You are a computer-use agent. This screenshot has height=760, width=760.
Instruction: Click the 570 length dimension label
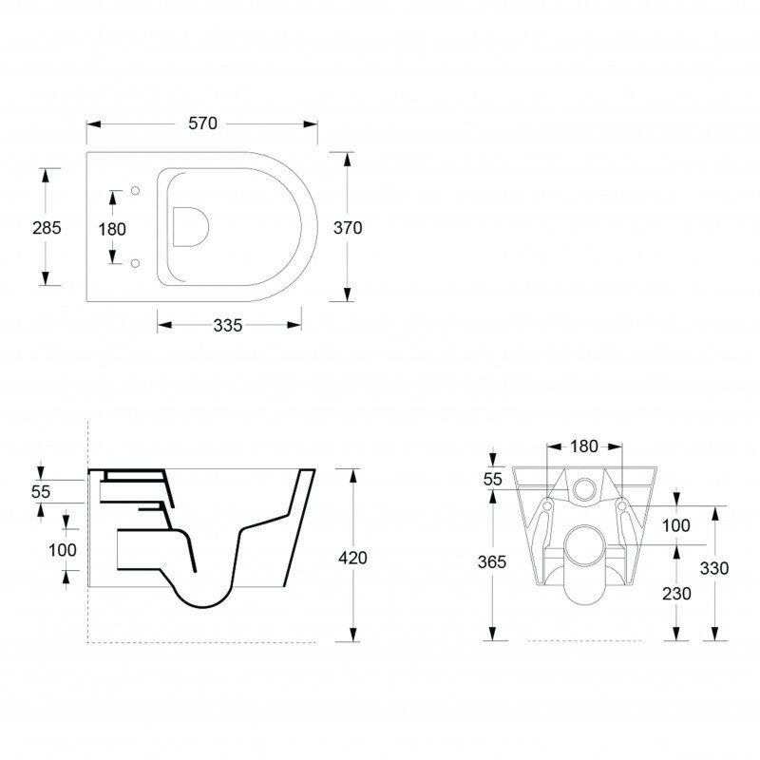tap(202, 123)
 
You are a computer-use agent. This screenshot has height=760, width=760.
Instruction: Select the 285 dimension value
tap(47, 227)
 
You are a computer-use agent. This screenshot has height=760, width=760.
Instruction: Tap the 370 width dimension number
tap(348, 227)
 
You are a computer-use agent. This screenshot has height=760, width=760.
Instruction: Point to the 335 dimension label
tap(227, 325)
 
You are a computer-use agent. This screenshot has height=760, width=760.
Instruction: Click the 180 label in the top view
tap(112, 229)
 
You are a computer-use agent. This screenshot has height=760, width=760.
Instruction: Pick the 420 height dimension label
tap(352, 558)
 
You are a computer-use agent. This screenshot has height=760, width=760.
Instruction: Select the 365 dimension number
tap(491, 561)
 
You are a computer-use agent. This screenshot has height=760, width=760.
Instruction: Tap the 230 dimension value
tap(676, 593)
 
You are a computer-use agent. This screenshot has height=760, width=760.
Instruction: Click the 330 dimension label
tap(714, 568)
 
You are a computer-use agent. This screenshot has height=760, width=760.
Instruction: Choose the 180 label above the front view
tap(583, 446)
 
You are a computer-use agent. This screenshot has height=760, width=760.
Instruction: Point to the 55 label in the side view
tap(41, 491)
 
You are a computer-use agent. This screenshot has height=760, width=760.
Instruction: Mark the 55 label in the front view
tap(492, 479)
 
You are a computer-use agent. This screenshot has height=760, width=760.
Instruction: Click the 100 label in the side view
tap(62, 550)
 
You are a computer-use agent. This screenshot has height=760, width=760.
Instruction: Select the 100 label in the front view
tap(676, 525)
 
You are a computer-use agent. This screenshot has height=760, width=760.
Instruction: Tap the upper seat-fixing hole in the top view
tap(135, 191)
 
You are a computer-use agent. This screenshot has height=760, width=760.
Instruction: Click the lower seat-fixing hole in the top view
tap(135, 263)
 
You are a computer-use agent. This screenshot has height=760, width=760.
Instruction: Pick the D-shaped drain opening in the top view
tap(191, 226)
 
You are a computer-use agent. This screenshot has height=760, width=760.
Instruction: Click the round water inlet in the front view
tap(584, 489)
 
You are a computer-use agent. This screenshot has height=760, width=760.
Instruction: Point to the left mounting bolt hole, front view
tap(547, 506)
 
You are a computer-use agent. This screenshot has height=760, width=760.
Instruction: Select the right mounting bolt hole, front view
tap(622, 506)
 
